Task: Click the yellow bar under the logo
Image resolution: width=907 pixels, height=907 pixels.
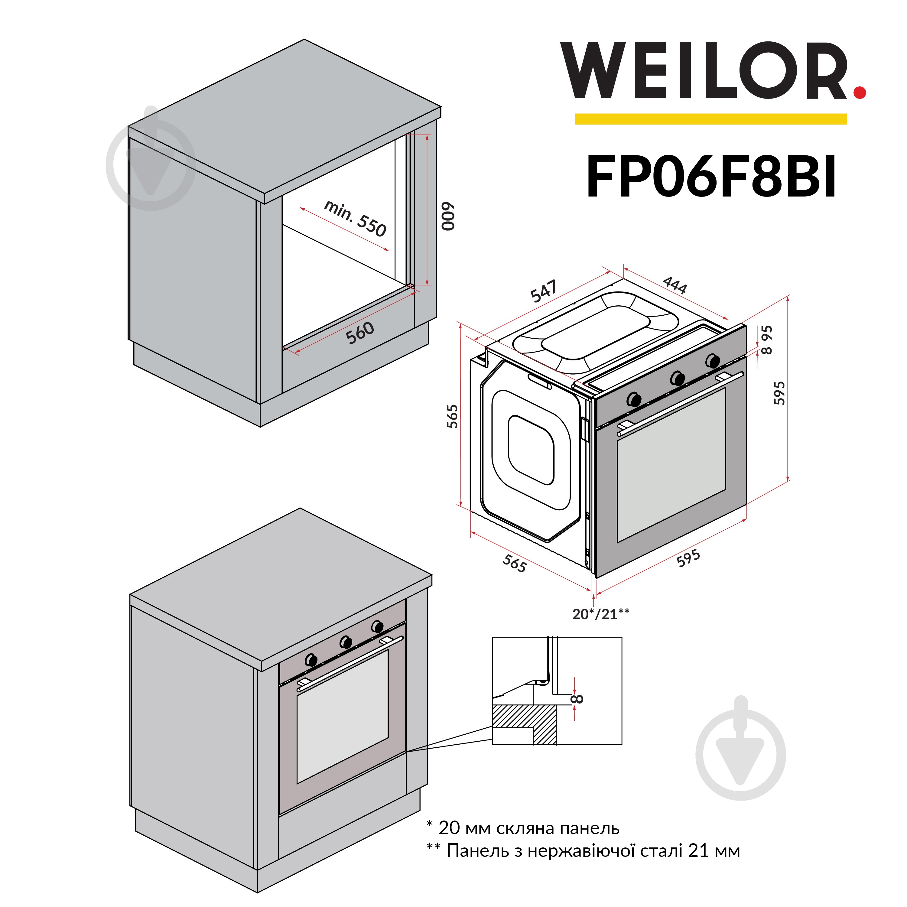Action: [x=711, y=119]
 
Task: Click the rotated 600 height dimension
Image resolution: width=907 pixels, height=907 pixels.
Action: [x=449, y=216]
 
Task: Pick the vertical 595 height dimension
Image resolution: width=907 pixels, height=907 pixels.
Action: [x=779, y=392]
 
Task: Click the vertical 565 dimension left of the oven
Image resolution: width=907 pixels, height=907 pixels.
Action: [x=452, y=416]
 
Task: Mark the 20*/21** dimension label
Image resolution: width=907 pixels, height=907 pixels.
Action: [x=601, y=614]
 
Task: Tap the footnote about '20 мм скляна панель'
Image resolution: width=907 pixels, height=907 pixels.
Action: [x=523, y=828]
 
